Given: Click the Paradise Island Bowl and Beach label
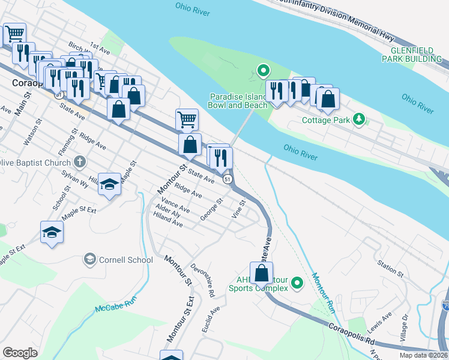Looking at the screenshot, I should pos(238,101).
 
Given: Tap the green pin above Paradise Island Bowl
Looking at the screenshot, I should pos(263,71).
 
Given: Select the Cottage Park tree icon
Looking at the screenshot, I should pos(358,119).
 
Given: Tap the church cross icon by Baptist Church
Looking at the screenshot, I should pos(79,162).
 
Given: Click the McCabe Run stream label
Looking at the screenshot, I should pos(116,304).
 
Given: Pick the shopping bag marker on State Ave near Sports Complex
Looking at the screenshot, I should pos(262,274).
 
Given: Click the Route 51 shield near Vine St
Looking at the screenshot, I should pos(228,179).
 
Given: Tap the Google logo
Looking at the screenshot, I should pos(20,353).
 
